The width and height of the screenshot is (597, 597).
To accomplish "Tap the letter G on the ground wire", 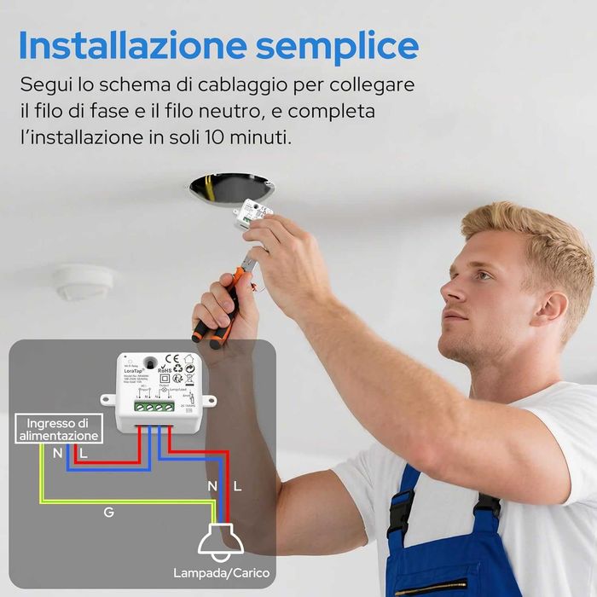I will pos(108,513).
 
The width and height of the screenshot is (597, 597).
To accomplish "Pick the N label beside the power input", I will pos(57,454).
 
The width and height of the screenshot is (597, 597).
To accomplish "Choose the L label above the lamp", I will pos(237,486).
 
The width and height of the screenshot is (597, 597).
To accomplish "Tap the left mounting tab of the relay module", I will pos(107,398).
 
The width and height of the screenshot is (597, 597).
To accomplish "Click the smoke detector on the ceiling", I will pos(84,281).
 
